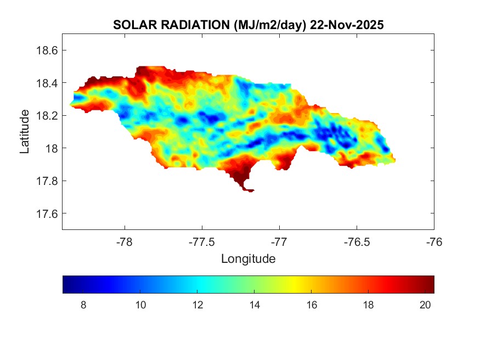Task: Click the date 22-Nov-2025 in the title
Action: click(x=346, y=25)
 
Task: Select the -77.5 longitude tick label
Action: click(x=202, y=241)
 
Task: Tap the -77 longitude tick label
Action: click(x=280, y=241)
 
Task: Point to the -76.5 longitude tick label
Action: click(x=357, y=241)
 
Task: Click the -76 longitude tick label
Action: click(x=434, y=241)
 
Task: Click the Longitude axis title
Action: click(x=248, y=258)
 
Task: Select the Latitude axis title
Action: click(x=25, y=132)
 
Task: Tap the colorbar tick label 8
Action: click(x=83, y=306)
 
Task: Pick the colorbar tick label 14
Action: click(x=253, y=306)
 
